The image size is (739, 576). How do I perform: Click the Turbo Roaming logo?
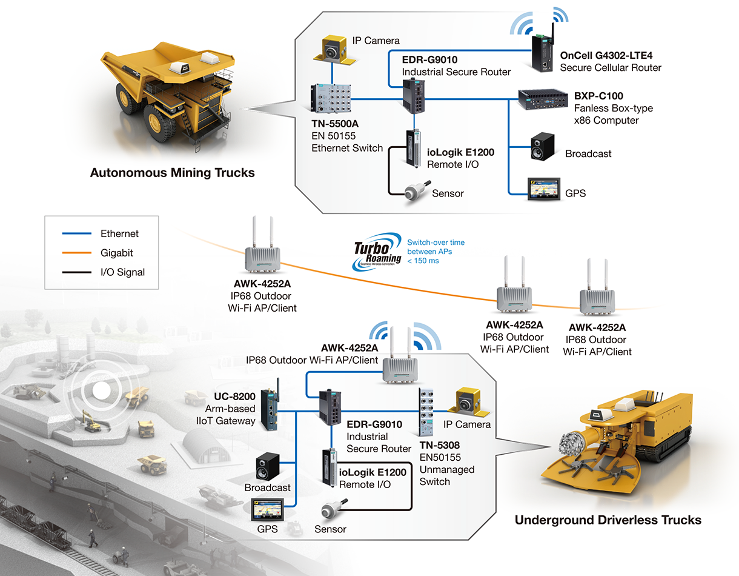click(378, 251)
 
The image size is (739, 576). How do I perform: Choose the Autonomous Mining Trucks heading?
click(172, 173)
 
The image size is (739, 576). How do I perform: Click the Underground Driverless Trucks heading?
click(608, 520)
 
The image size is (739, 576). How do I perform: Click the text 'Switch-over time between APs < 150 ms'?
click(436, 252)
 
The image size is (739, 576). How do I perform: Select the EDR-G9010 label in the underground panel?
click(374, 424)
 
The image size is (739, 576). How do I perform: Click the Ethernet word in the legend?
click(120, 233)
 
